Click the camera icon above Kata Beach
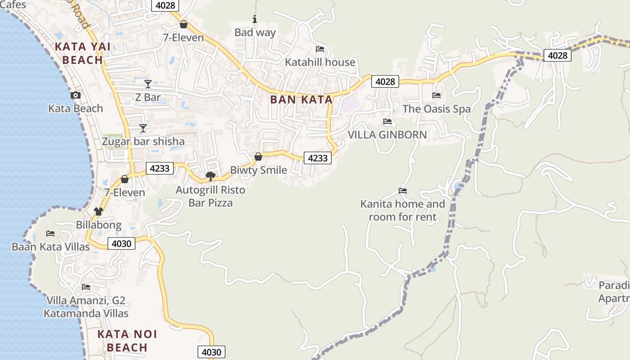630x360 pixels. click(76, 95)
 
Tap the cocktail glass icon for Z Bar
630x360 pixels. click(148, 84)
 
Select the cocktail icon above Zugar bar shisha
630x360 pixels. click(143, 128)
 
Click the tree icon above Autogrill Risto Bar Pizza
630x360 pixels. click(210, 176)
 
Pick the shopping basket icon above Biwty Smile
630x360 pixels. click(258, 157)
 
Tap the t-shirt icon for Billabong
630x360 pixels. click(99, 211)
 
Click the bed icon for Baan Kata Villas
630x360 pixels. click(50, 234)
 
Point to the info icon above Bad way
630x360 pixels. click(255, 19)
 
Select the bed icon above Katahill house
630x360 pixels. click(320, 49)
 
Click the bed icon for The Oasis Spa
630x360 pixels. click(436, 95)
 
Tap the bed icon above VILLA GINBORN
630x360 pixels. click(387, 121)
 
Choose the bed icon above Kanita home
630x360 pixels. click(403, 191)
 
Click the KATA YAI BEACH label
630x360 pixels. click(79, 53)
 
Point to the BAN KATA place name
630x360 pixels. click(301, 100)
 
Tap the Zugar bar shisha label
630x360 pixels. click(143, 141)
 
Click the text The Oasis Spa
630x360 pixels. click(436, 109)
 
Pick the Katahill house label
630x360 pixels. click(320, 62)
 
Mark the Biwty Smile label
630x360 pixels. click(258, 170)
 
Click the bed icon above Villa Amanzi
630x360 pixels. click(86, 287)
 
